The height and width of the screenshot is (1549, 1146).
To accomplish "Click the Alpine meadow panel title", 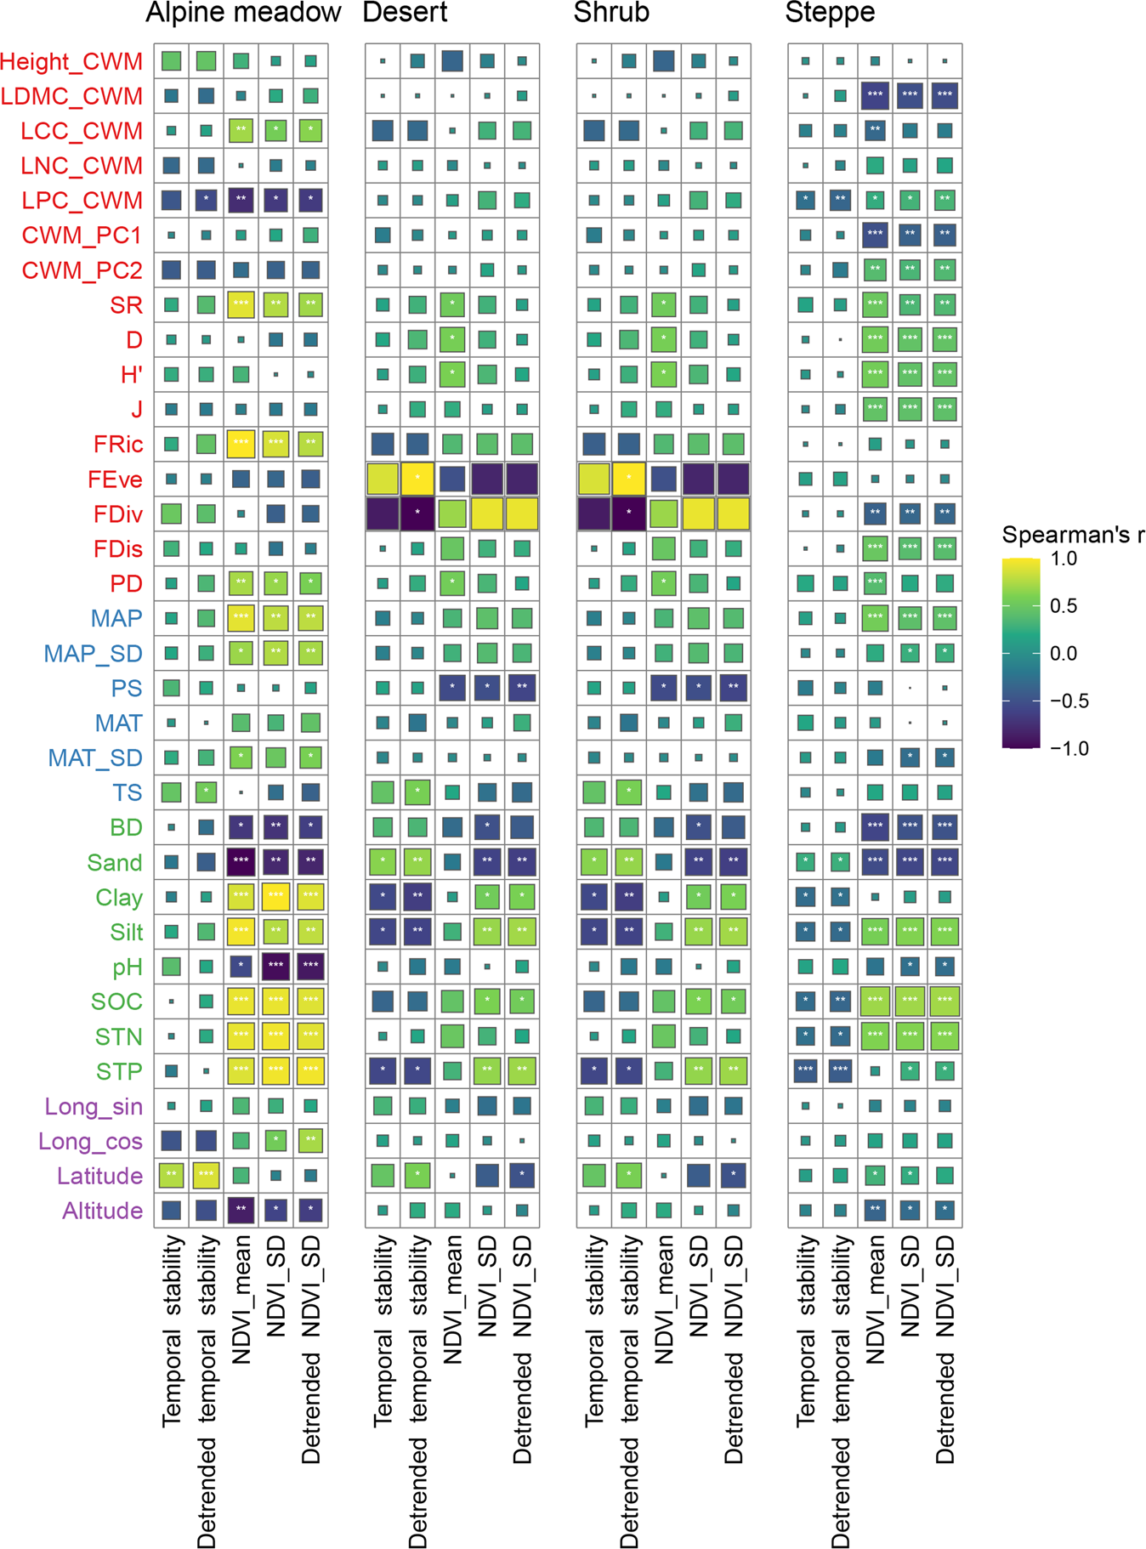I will tap(243, 13).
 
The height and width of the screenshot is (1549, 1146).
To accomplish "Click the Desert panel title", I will tap(405, 13).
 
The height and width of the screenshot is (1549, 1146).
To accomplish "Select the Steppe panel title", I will tap(830, 13).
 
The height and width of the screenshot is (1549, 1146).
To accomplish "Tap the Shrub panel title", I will tap(611, 13).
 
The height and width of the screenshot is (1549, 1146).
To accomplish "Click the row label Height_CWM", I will tap(71, 61).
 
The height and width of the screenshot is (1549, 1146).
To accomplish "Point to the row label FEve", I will tap(115, 479).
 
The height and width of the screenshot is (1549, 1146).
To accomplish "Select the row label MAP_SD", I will tap(93, 654).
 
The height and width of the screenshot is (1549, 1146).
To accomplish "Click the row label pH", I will tap(128, 967).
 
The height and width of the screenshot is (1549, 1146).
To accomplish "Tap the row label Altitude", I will tap(102, 1211).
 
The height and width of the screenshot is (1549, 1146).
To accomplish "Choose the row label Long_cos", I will tap(90, 1141).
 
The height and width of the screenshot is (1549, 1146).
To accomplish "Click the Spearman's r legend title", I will tap(1073, 535).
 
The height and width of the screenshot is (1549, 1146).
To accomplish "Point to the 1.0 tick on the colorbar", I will tap(1064, 559).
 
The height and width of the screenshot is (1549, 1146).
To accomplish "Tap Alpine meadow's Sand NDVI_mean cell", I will tap(241, 861).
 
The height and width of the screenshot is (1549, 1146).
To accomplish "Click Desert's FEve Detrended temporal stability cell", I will tap(417, 479).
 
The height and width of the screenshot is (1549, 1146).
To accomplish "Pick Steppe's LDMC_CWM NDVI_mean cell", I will tap(875, 95).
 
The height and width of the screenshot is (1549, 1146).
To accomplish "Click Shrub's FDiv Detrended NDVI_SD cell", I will tap(733, 513).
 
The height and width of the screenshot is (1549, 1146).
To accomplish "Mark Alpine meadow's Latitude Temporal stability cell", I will tap(171, 1175).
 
